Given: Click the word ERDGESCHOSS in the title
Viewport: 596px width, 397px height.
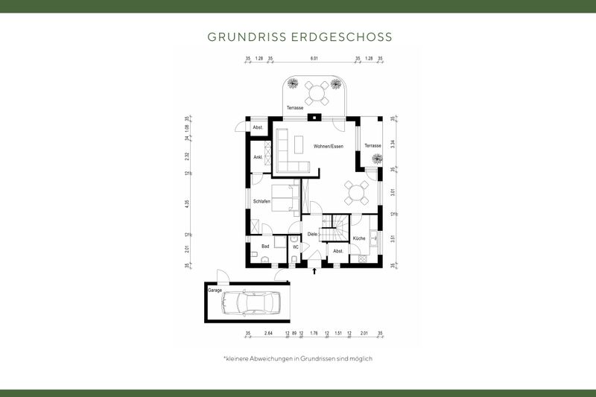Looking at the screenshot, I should click(x=348, y=36).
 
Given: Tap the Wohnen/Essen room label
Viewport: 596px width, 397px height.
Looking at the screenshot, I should click(x=329, y=146).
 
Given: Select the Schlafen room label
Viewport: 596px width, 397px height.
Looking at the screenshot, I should click(x=261, y=202).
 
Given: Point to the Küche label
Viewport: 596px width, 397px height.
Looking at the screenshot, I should click(x=359, y=238).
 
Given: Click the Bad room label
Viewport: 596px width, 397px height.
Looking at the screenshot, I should click(x=264, y=245).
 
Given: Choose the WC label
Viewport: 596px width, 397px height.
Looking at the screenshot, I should click(x=295, y=247).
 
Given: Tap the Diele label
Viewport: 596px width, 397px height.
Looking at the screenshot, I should click(x=312, y=234).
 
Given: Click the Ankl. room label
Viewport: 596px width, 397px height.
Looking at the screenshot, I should click(x=258, y=157).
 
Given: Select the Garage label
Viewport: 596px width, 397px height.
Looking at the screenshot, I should click(x=215, y=290).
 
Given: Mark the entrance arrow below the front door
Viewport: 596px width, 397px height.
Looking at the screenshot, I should click(x=314, y=272).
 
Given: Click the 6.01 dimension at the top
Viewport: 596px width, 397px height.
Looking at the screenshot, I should click(x=314, y=58).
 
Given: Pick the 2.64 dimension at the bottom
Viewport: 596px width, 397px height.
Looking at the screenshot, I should click(x=269, y=334).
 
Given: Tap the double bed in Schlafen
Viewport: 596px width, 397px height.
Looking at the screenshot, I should click(x=283, y=199).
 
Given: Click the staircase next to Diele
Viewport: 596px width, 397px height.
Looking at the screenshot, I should click(x=335, y=227).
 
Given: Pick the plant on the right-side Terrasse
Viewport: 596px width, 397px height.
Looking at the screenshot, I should click(x=367, y=158).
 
